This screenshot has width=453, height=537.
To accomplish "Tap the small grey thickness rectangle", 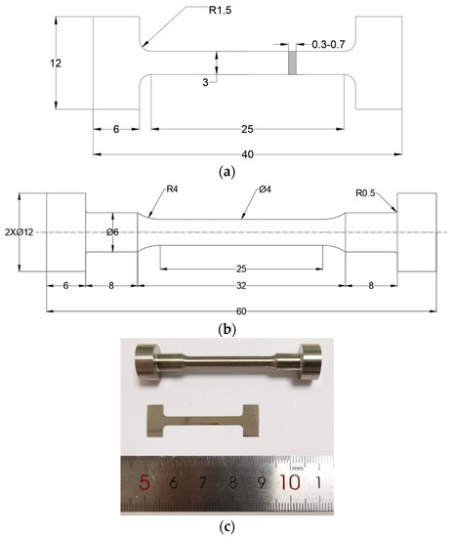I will [291, 62].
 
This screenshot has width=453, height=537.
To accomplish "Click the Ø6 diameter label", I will [112, 233].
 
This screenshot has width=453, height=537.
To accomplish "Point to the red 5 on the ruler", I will [145, 482].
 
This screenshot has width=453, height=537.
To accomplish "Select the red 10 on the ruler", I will [292, 481].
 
